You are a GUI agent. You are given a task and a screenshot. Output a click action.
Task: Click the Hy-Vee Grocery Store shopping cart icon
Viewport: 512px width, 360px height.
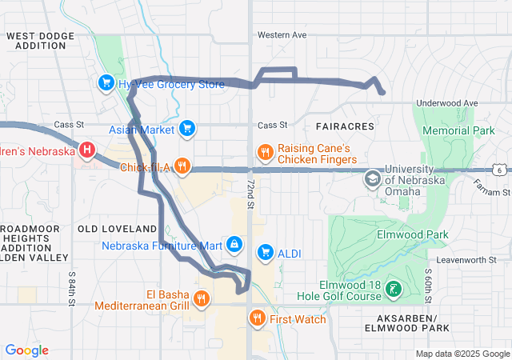106,82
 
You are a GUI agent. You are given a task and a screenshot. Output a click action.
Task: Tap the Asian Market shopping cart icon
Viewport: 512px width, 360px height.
186,128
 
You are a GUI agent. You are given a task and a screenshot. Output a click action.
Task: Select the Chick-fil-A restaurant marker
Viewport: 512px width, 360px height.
183,167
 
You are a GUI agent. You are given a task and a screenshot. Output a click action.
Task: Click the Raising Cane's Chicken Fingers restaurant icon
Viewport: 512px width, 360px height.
265,151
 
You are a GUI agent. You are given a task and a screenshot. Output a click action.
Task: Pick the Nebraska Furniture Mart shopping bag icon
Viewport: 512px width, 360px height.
234,243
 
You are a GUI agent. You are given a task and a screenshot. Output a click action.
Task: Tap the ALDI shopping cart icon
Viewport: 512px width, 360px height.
265,253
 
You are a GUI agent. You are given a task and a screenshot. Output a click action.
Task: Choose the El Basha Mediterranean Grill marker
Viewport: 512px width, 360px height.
201,299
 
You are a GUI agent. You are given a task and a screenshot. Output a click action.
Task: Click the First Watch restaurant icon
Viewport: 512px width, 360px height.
257,318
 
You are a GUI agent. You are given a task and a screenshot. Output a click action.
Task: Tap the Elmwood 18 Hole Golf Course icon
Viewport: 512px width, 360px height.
394,289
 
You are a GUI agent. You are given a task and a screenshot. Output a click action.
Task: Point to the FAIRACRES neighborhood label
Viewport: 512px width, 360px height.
345,127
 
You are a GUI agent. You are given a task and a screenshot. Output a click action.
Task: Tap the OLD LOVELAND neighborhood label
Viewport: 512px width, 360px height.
117,229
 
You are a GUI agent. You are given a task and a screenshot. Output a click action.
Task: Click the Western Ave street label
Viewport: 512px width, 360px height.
282,35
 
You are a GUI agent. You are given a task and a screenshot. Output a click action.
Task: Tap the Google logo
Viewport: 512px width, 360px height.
27,350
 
